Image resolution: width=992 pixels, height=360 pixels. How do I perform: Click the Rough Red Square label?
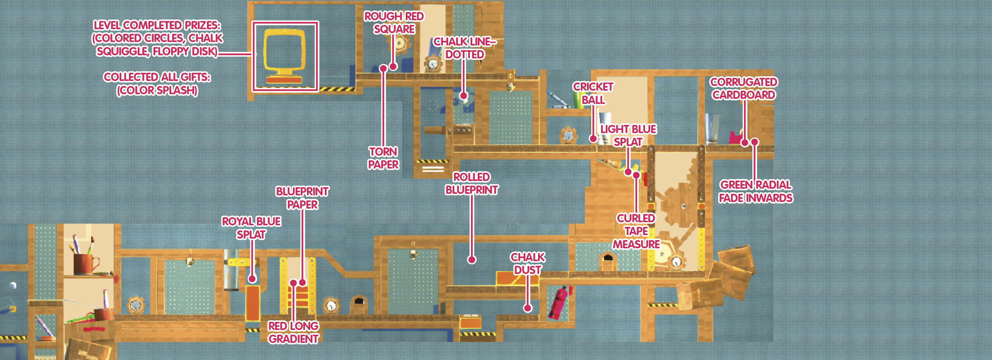pyautogui.click(x=394, y=23)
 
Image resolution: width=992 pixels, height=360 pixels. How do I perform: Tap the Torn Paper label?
pyautogui.click(x=384, y=158)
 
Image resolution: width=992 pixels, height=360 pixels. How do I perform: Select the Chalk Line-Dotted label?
pyautogui.click(x=465, y=48)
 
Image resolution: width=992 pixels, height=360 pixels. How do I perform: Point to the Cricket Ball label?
pyautogui.click(x=593, y=93)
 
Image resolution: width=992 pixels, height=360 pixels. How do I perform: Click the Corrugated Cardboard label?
pyautogui.click(x=744, y=88)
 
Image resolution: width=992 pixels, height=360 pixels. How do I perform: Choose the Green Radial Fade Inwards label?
pyautogui.click(x=755, y=191)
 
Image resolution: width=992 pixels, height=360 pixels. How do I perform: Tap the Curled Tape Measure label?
pyautogui.click(x=636, y=231)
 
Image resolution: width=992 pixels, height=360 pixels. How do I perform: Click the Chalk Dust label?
pyautogui.click(x=528, y=263)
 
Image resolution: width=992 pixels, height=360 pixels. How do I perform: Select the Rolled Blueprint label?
pyautogui.click(x=472, y=183)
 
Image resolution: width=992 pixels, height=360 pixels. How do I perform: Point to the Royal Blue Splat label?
pyautogui.click(x=251, y=228)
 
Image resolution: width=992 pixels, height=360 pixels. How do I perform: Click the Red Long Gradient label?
pyautogui.click(x=294, y=332)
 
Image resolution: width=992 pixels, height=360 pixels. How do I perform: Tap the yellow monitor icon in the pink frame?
pyautogui.click(x=285, y=56)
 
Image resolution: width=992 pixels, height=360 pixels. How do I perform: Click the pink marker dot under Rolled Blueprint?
pyautogui.click(x=472, y=260)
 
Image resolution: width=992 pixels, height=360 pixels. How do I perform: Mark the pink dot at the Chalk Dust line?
pyautogui.click(x=528, y=308)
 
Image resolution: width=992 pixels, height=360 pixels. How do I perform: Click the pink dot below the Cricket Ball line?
pyautogui.click(x=593, y=138)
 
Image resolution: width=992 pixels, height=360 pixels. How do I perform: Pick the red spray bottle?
pyautogui.click(x=559, y=303)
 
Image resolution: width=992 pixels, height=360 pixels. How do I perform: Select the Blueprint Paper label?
pyautogui.click(x=303, y=198)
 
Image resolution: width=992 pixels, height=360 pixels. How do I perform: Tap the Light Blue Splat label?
pyautogui.click(x=628, y=135)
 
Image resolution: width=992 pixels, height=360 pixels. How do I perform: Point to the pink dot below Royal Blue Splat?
pyautogui.click(x=252, y=279)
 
